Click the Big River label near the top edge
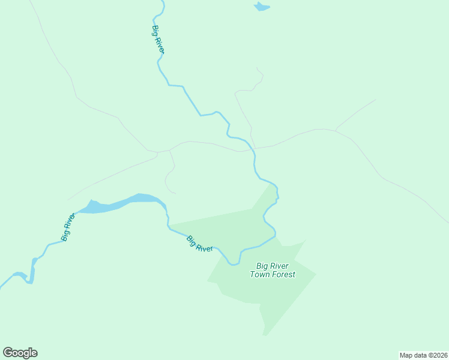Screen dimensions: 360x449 click(x=158, y=40)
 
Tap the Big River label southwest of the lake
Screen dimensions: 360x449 click(x=68, y=227)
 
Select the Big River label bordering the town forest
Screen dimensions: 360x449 click(x=199, y=244)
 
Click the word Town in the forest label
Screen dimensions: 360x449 click(x=261, y=274)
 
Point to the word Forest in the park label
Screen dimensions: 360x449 click(x=284, y=274)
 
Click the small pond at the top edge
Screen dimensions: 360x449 click(x=261, y=7)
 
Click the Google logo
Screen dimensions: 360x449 click(x=20, y=353)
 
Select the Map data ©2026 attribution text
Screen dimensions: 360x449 click(x=423, y=355)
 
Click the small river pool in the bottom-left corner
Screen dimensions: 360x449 click(x=20, y=276)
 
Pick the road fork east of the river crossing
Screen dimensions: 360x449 click(x=336, y=130)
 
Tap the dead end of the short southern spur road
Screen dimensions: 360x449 click(x=175, y=193)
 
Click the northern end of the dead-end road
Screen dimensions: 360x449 click(x=257, y=68)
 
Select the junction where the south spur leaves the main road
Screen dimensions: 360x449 click(x=170, y=150)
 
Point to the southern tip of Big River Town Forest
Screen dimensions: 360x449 click(x=264, y=335)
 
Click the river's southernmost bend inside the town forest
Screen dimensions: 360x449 click(x=234, y=263)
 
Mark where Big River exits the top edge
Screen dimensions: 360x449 click(x=162, y=2)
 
